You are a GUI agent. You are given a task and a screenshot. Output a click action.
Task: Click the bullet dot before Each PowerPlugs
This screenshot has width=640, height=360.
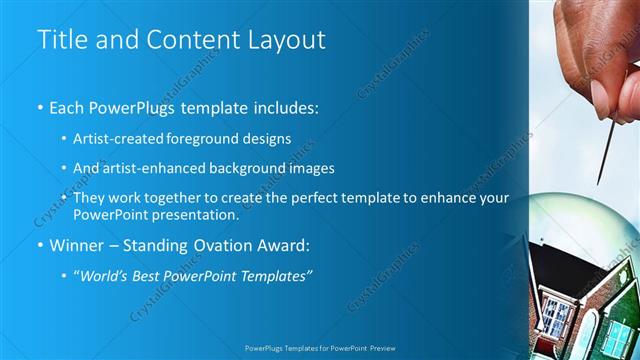click(x=39, y=107)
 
